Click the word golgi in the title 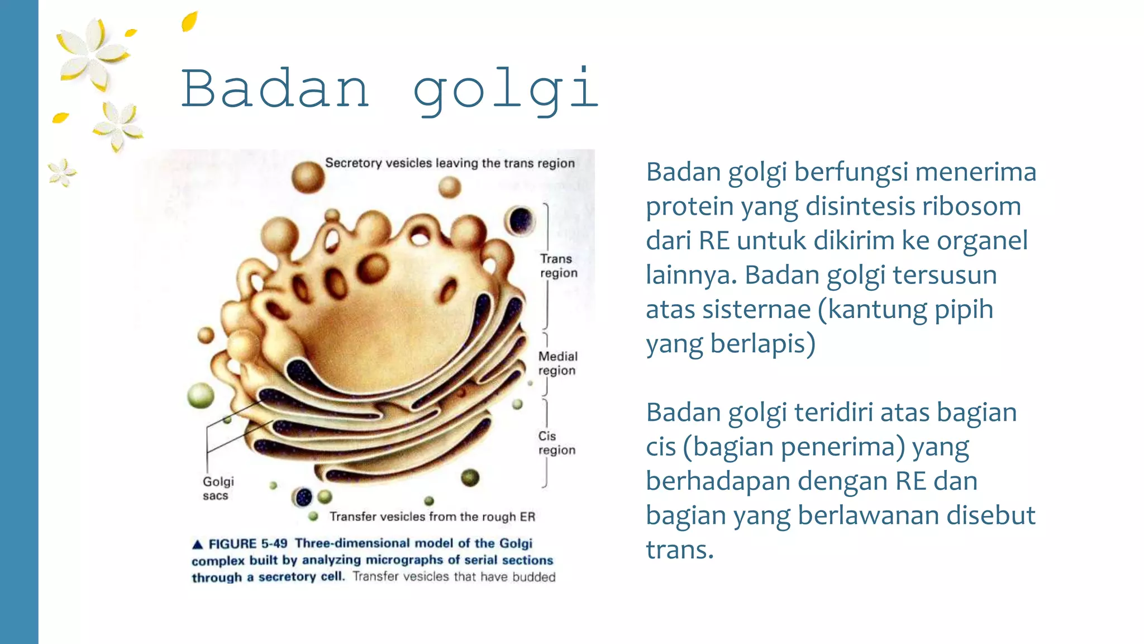tap(506, 91)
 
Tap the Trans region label tap(558, 266)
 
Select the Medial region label tap(557, 363)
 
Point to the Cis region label tap(556, 443)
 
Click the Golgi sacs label tap(218, 489)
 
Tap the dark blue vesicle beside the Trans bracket tap(520, 220)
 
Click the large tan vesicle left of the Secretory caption tap(308, 177)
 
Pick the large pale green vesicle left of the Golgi tap(201, 396)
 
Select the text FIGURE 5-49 tap(248, 544)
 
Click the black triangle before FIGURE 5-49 tap(197, 544)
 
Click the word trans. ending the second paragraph tap(679, 550)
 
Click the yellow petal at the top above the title tap(190, 21)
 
